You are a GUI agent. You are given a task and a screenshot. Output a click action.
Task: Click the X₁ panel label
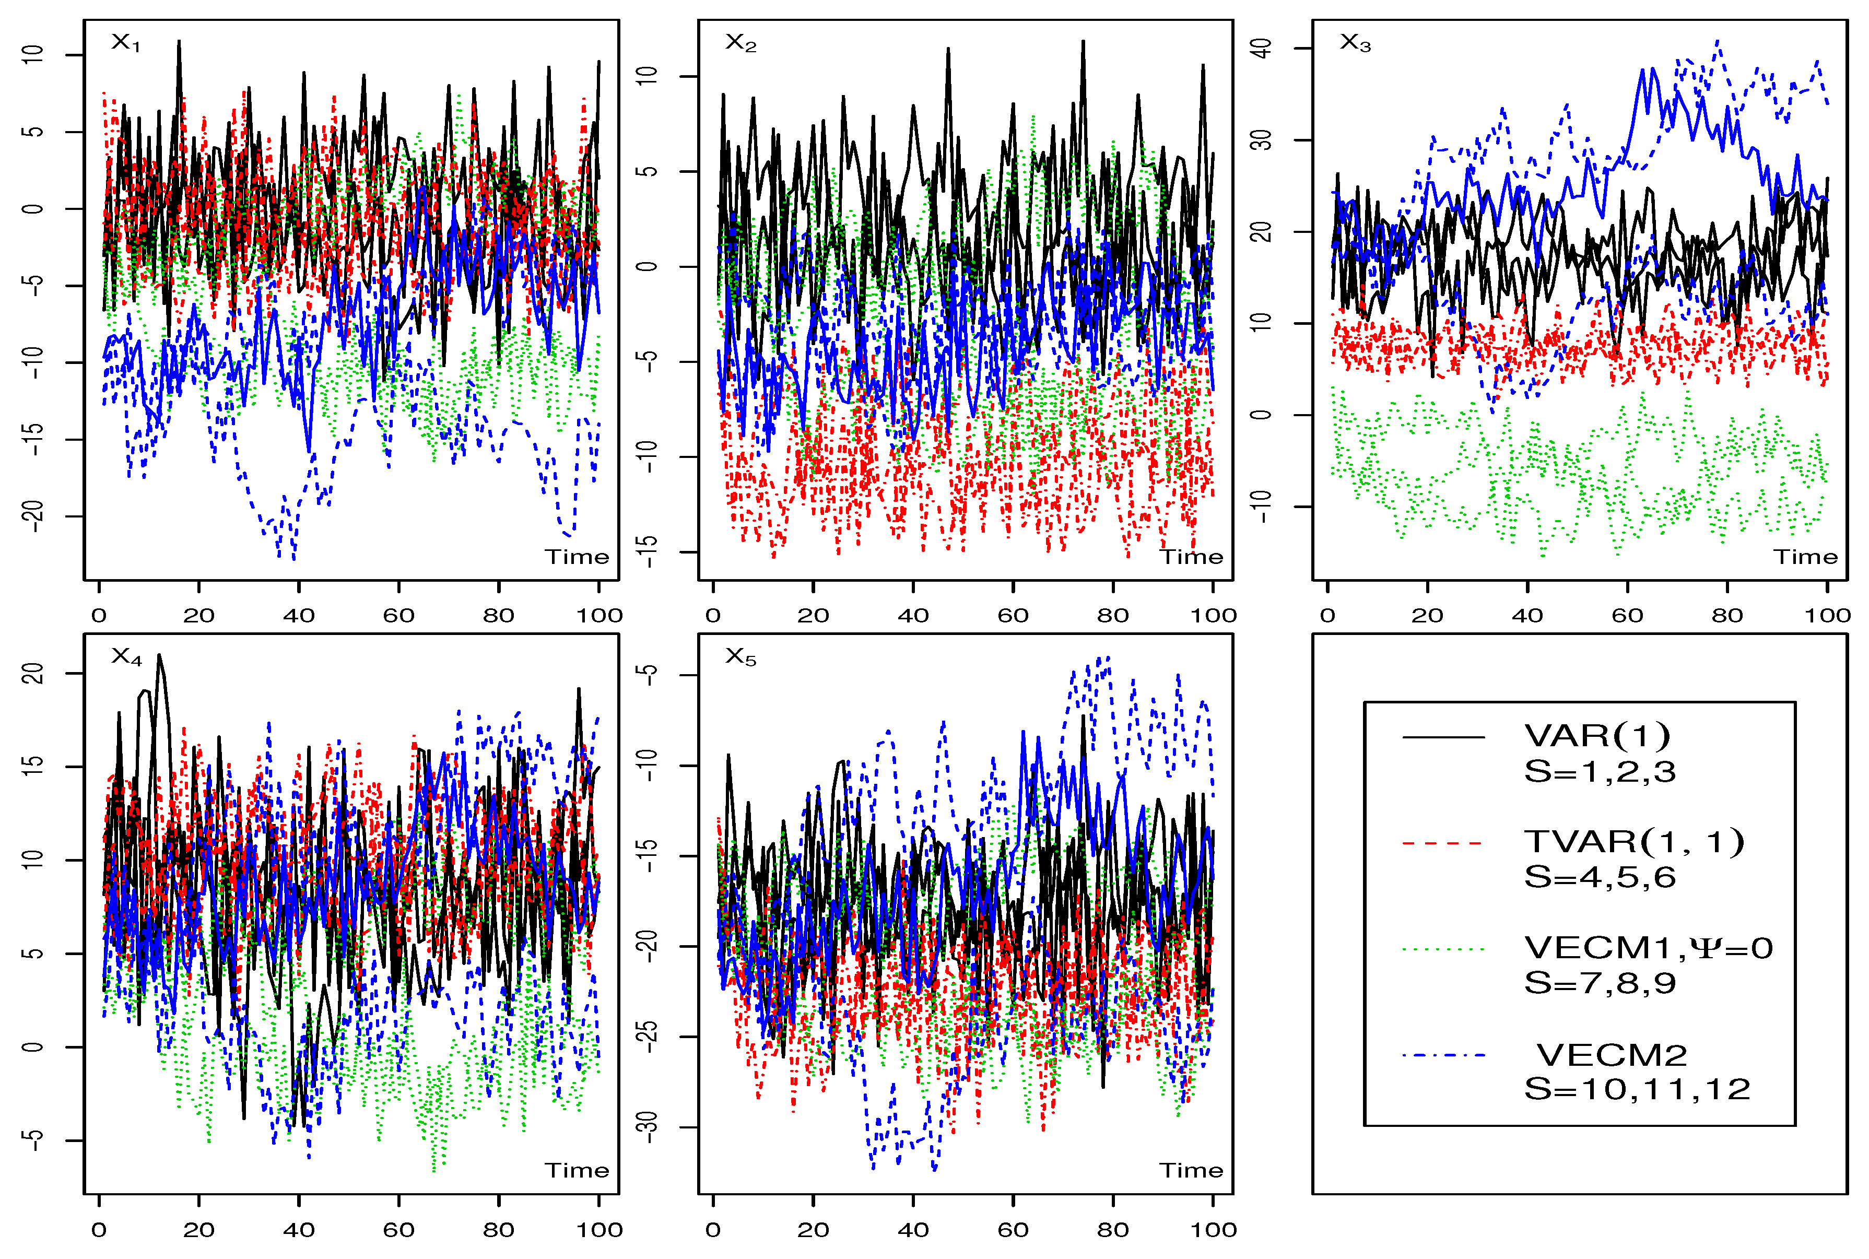125,42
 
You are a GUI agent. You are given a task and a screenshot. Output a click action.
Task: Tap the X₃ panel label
1355,42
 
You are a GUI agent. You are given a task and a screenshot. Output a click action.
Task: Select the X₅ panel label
740,657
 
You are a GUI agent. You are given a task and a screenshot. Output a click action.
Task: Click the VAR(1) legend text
1597,735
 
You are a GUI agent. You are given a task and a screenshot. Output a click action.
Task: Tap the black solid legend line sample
1443,737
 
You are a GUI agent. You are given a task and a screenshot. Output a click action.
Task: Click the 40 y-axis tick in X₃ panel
1262,48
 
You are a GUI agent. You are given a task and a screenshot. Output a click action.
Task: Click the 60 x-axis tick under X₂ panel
1013,616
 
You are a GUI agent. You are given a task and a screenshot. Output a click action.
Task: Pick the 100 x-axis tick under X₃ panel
1827,616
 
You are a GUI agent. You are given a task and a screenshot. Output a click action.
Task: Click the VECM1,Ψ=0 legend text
1648,948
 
